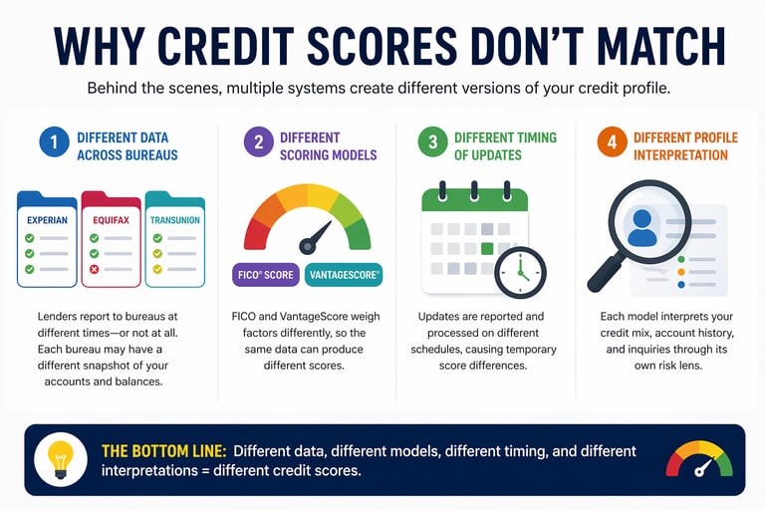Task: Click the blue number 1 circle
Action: tap(55, 142)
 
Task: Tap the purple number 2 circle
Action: tap(258, 142)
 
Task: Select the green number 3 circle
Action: tap(433, 142)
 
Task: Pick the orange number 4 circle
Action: tap(612, 142)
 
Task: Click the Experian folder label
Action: tap(46, 219)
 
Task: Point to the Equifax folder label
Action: tap(111, 220)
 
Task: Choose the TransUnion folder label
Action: tap(174, 220)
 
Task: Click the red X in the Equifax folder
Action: tap(95, 269)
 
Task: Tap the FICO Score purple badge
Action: tap(264, 274)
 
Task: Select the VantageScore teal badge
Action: tap(344, 274)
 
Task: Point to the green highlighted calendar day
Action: tap(487, 248)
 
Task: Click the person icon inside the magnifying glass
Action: tap(642, 227)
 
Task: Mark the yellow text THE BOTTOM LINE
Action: tap(163, 451)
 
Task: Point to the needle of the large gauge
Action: tap(317, 237)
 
